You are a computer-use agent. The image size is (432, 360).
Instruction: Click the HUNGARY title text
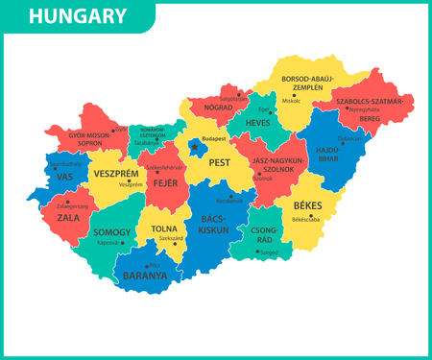[x=77, y=16]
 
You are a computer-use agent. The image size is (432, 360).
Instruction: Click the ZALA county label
[x=67, y=219]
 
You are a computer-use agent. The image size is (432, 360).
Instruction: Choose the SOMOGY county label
[x=113, y=232]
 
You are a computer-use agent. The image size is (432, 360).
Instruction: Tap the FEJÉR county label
[x=166, y=182]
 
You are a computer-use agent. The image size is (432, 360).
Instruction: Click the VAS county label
[x=65, y=178]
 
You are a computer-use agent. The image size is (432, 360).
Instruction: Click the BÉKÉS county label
[x=307, y=205]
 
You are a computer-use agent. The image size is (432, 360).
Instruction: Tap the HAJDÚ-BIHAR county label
[x=343, y=156]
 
